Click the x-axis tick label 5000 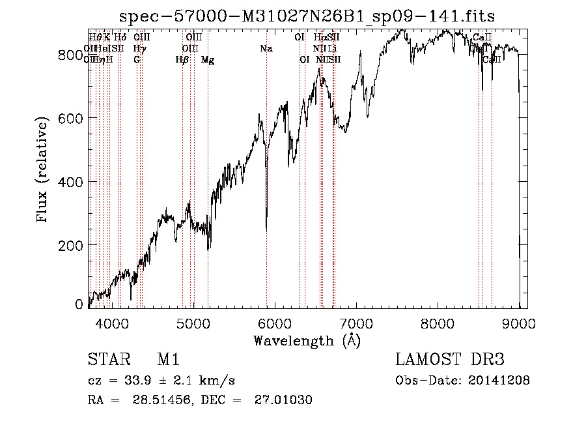[x=192, y=323]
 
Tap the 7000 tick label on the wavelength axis [x=356, y=323]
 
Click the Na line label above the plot [x=266, y=48]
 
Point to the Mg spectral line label [x=208, y=60]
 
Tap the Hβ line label [x=182, y=60]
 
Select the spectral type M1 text [x=168, y=360]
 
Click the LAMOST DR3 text [x=449, y=360]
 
